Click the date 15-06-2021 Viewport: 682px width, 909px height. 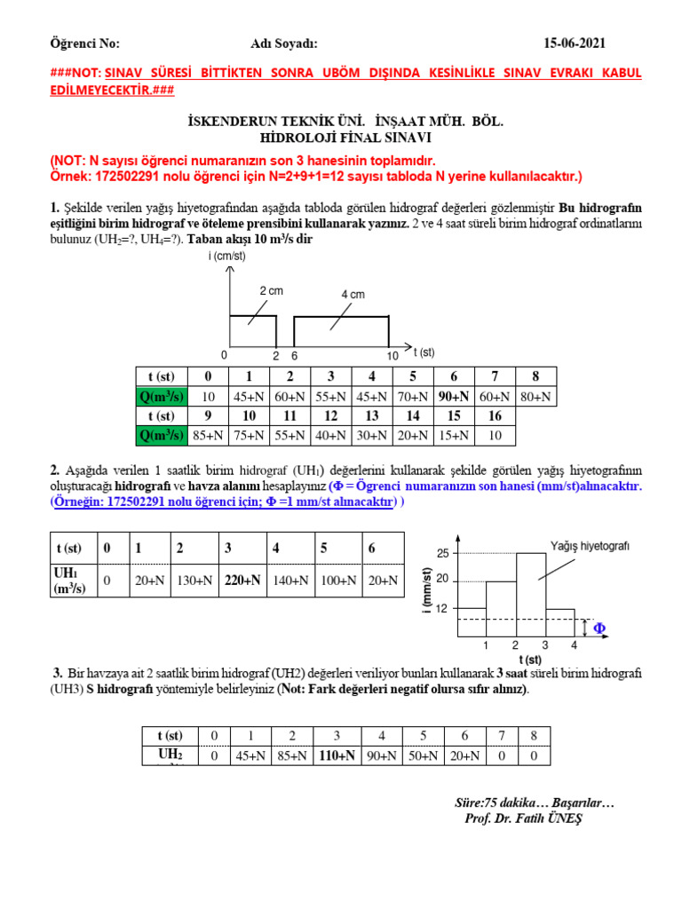[x=575, y=44]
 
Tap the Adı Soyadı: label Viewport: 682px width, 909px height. [x=283, y=44]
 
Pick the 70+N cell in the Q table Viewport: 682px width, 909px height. [x=414, y=397]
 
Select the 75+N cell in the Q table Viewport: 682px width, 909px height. [x=250, y=435]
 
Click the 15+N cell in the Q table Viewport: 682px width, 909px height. [x=454, y=435]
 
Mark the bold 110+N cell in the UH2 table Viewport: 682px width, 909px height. [x=337, y=755]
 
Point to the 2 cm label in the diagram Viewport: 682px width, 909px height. [x=271, y=291]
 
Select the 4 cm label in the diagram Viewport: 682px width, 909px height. [x=353, y=294]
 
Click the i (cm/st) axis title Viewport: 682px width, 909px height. [x=226, y=256]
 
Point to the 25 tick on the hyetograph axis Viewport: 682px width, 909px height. [x=442, y=553]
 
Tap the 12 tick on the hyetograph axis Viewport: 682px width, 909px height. [x=442, y=609]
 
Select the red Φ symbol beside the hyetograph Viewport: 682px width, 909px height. [x=599, y=628]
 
